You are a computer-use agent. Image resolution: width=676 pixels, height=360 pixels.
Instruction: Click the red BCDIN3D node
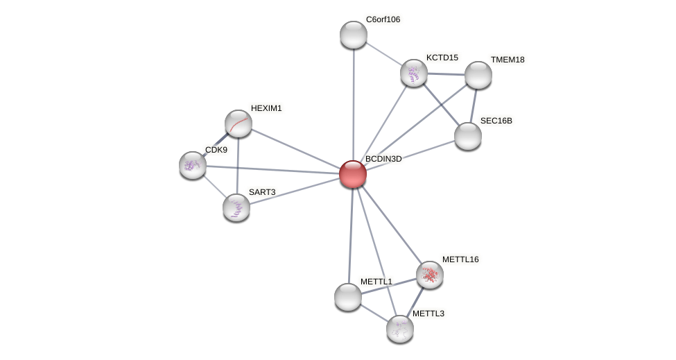pos(353,174)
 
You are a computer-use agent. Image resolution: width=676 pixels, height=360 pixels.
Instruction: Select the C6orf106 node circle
pos(354,35)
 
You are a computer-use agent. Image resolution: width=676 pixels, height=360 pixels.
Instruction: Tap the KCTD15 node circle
pos(414,73)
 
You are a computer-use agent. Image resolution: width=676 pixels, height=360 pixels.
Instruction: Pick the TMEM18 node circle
pos(478,75)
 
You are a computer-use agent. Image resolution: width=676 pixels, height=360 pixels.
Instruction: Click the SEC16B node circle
pos(468,136)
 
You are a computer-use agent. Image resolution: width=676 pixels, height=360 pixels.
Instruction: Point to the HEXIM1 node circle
pos(239,123)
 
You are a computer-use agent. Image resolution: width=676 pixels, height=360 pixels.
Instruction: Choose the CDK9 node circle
pos(193,165)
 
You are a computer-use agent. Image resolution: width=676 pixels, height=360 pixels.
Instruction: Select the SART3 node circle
pos(236,207)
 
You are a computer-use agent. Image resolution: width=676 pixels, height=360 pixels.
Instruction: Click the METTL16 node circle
pos(430,275)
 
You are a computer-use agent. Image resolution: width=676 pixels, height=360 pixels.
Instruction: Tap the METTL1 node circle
pos(348,297)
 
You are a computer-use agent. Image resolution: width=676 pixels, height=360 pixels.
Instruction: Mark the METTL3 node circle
pos(400,328)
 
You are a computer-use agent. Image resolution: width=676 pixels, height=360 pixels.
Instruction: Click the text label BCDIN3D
pos(383,159)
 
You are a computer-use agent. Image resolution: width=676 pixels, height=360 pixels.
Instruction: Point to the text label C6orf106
pos(383,19)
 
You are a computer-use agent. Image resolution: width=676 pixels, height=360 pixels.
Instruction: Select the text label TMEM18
pos(508,60)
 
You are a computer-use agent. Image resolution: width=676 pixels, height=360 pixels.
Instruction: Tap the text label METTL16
pos(460,259)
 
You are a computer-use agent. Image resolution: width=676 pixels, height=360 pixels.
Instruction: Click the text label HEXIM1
pos(266,108)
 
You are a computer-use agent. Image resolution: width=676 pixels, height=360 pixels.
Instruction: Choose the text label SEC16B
pos(496,121)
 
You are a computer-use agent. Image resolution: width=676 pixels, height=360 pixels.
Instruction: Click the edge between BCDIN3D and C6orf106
pos(354,104)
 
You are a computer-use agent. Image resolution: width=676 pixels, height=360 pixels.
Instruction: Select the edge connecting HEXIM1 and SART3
pos(238,165)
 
